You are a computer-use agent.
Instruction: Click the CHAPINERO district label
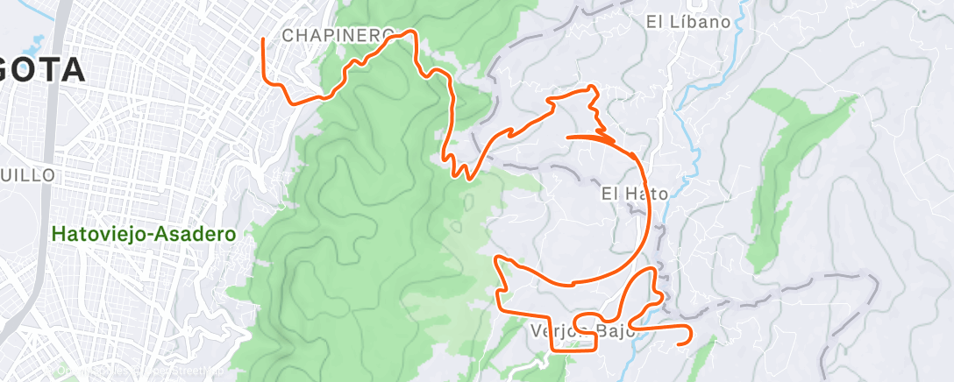(x=338, y=35)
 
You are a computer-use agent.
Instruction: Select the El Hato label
(x=635, y=193)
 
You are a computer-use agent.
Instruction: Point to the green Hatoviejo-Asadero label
(x=143, y=235)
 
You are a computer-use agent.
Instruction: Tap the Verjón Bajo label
(x=581, y=331)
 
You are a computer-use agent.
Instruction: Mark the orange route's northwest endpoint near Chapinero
(x=264, y=39)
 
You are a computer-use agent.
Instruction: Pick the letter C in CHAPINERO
(x=288, y=35)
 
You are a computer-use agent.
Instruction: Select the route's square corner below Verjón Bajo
(x=552, y=348)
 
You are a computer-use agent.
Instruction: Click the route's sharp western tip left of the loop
(x=499, y=258)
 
